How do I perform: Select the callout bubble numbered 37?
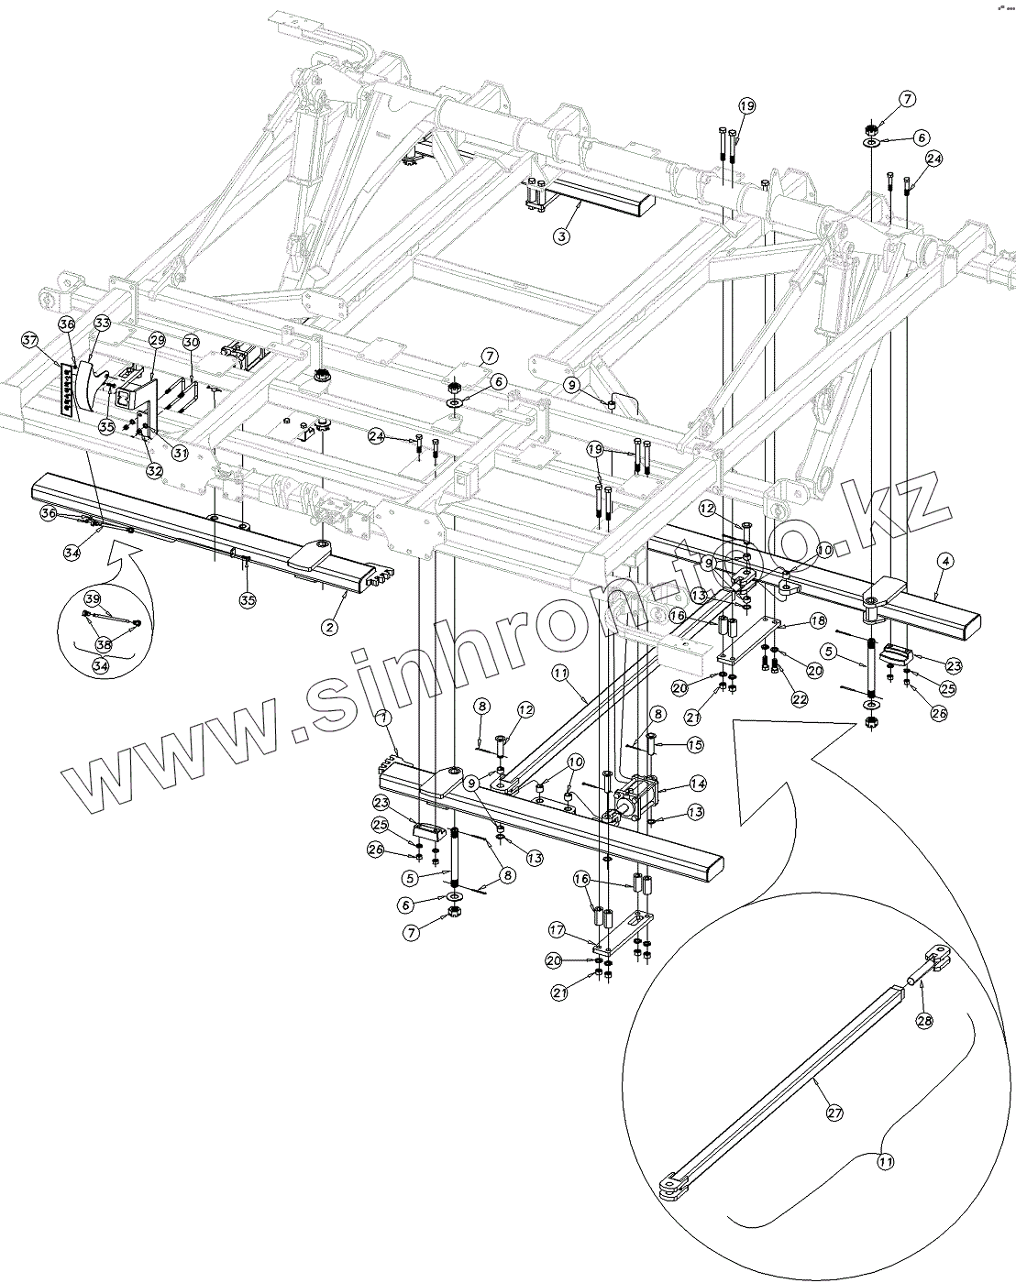(x=31, y=341)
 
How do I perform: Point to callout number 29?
(x=156, y=340)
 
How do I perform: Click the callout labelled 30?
(x=191, y=341)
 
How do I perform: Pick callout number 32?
(x=154, y=470)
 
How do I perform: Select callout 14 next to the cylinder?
(x=698, y=784)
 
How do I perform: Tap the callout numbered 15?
(x=695, y=745)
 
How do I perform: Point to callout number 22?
(x=800, y=698)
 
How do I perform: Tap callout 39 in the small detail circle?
(x=92, y=598)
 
